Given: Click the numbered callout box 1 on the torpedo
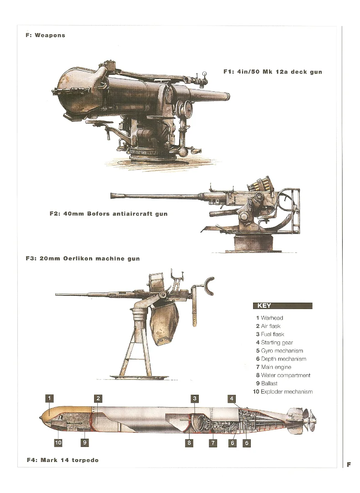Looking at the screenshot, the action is point(49,399).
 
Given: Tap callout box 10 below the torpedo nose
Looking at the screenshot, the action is point(58,443).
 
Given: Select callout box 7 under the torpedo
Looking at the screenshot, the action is point(213,443).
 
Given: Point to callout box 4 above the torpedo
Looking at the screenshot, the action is point(232,399).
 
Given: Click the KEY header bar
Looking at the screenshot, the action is point(283,305).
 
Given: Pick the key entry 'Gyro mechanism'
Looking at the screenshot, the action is point(280,351).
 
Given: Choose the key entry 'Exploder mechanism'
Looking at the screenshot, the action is point(283,392).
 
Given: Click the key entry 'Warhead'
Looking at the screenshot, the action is point(270,318).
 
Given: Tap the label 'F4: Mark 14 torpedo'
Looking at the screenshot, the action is point(63,460).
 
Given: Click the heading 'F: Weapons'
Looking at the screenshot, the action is point(45,35).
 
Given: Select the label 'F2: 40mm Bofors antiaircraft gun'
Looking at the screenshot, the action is point(109,214).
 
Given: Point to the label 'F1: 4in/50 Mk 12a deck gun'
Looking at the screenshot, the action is point(273,72).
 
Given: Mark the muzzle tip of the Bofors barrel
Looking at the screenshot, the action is point(112,195).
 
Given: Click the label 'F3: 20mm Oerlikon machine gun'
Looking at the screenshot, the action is point(83,259).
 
